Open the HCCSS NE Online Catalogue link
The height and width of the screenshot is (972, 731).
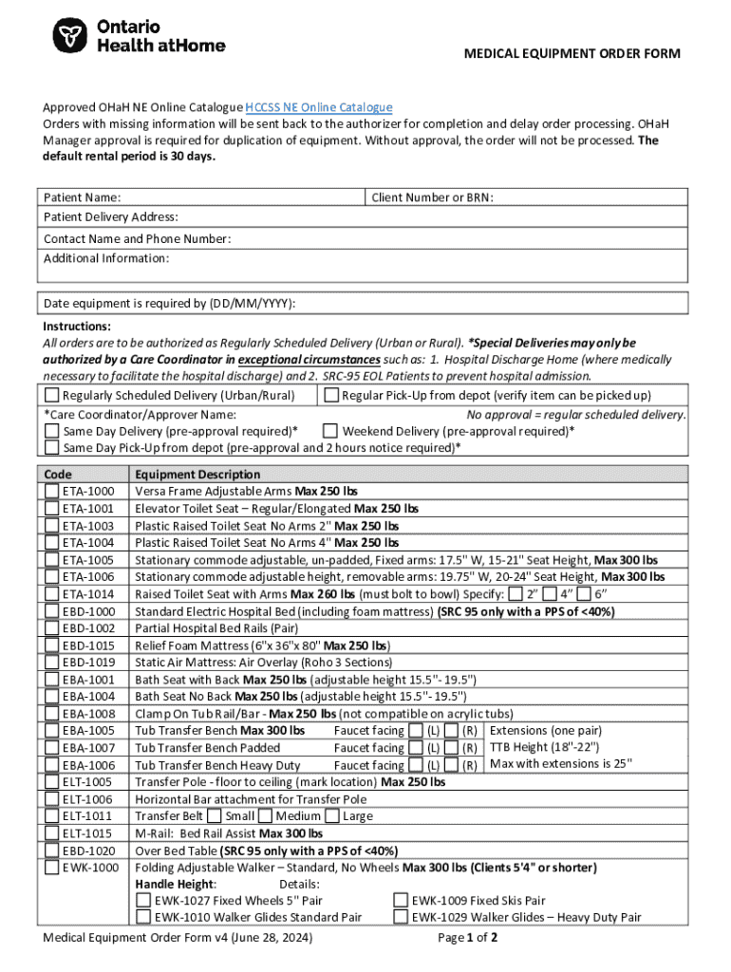(x=318, y=108)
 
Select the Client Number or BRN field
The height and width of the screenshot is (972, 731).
(x=589, y=197)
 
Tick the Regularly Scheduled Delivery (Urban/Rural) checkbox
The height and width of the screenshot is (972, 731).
(x=52, y=396)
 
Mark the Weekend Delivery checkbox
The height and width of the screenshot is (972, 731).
(x=331, y=431)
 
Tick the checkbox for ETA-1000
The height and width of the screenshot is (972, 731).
(x=52, y=492)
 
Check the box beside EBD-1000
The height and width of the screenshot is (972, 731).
(x=52, y=611)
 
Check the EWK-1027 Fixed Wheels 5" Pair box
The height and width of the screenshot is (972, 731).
(x=143, y=901)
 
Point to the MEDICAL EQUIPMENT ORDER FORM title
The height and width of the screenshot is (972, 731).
(x=572, y=54)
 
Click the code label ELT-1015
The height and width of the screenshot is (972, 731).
(x=88, y=833)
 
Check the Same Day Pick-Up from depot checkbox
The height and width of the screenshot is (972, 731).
(x=52, y=448)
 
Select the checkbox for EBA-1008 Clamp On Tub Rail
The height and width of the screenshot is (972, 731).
(x=52, y=714)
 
